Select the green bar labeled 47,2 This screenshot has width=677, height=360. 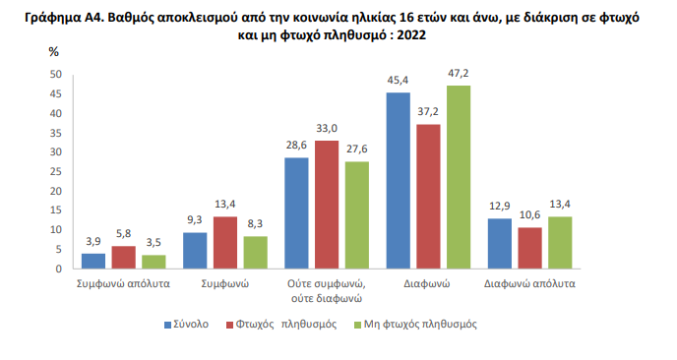click(459, 177)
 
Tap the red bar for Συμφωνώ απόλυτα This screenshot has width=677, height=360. click(123, 257)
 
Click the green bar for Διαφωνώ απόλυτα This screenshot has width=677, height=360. click(560, 242)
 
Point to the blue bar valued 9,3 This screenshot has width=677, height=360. click(195, 250)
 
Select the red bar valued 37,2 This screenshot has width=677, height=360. click(429, 197)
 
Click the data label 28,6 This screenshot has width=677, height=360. click(296, 145)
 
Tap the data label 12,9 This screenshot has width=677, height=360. click(500, 206)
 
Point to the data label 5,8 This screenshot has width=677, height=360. click(123, 233)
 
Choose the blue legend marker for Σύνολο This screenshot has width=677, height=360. click(168, 324)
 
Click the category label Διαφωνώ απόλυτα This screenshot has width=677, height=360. click(530, 282)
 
